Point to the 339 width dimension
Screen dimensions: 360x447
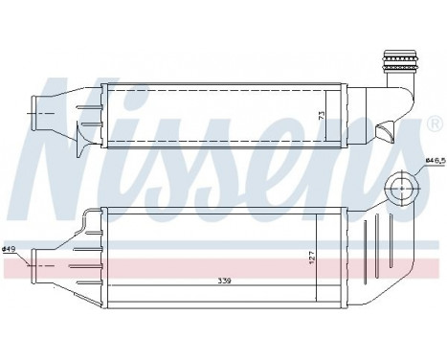click(x=225, y=280)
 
